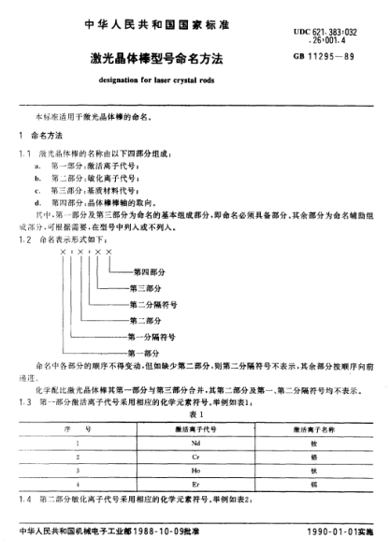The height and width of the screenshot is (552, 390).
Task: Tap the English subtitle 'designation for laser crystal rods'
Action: [167, 80]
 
